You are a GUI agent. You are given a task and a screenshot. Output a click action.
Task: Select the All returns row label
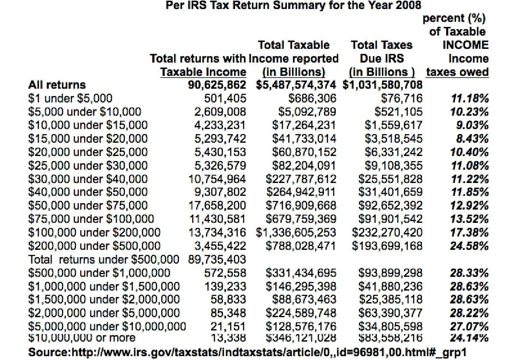coord(57,85)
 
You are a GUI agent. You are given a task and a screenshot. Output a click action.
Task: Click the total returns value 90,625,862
coord(217,85)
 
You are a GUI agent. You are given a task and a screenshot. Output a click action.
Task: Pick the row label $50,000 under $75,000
coord(87,206)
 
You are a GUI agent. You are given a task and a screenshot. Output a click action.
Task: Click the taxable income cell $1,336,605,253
coord(296,233)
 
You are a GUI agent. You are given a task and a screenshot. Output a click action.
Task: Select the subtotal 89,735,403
coord(217,259)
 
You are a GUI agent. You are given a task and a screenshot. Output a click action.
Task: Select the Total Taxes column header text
coord(381,45)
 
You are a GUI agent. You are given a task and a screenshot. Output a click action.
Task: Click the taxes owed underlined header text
coord(457,72)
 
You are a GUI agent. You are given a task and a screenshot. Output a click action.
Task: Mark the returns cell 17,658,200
coord(217,206)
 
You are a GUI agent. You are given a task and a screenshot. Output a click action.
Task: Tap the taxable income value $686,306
coord(313,99)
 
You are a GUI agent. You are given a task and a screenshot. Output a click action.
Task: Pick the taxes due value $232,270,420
coord(387,233)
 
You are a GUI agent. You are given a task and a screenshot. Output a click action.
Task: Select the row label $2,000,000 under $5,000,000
coord(104,313)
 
